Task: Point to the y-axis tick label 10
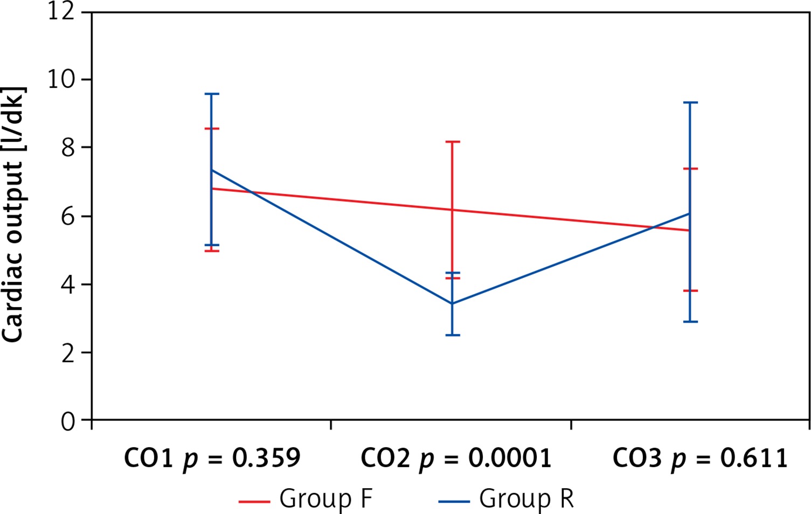click(x=61, y=80)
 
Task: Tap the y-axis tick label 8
click(x=68, y=148)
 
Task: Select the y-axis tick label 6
click(x=68, y=216)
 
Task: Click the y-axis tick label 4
click(x=68, y=284)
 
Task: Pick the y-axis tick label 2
click(x=68, y=353)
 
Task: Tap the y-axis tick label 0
click(x=68, y=421)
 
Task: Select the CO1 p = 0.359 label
click(x=212, y=459)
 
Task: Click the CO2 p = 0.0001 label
click(x=456, y=459)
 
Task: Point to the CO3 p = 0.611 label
click(x=700, y=459)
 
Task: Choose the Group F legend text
click(x=325, y=499)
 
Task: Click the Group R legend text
click(x=526, y=499)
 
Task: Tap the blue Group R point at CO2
click(x=453, y=303)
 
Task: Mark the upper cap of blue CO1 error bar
click(x=212, y=94)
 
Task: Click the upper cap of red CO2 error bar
click(x=453, y=142)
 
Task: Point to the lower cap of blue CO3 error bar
click(x=690, y=322)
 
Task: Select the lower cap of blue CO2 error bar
click(x=453, y=335)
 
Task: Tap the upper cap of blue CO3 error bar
click(x=690, y=102)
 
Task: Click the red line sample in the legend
click(x=254, y=501)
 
